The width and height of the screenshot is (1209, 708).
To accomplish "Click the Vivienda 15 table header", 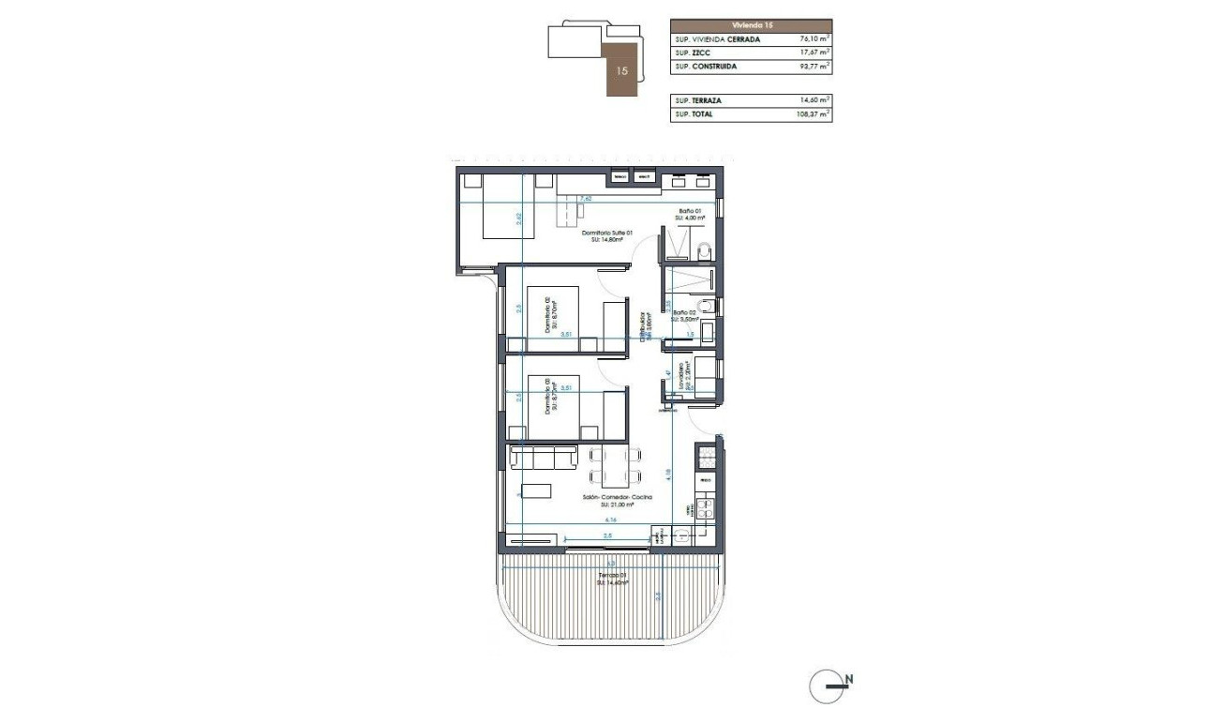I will pyautogui.click(x=751, y=26).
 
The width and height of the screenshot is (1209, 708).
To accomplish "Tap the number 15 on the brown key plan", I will pyautogui.click(x=622, y=70).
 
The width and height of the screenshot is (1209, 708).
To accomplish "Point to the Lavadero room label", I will pyautogui.click(x=687, y=374).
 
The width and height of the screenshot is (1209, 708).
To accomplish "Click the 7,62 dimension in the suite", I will pyautogui.click(x=586, y=199).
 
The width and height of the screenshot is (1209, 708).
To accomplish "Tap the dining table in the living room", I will pyautogui.click(x=617, y=464).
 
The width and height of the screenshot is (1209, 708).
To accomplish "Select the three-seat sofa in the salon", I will pyautogui.click(x=543, y=458).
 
